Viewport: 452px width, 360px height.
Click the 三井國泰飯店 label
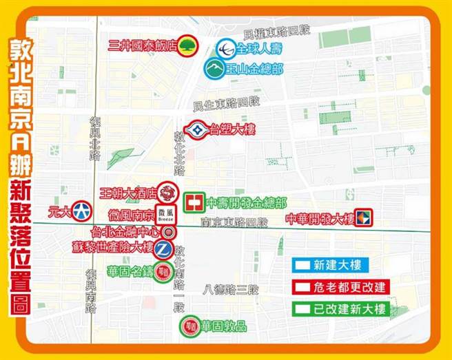[x=143, y=47]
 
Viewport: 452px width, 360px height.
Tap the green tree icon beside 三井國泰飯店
[x=188, y=47]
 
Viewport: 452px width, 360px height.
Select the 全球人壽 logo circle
[x=225, y=49]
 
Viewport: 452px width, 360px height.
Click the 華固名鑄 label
[x=130, y=271]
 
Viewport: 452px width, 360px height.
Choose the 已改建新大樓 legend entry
[x=339, y=308]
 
